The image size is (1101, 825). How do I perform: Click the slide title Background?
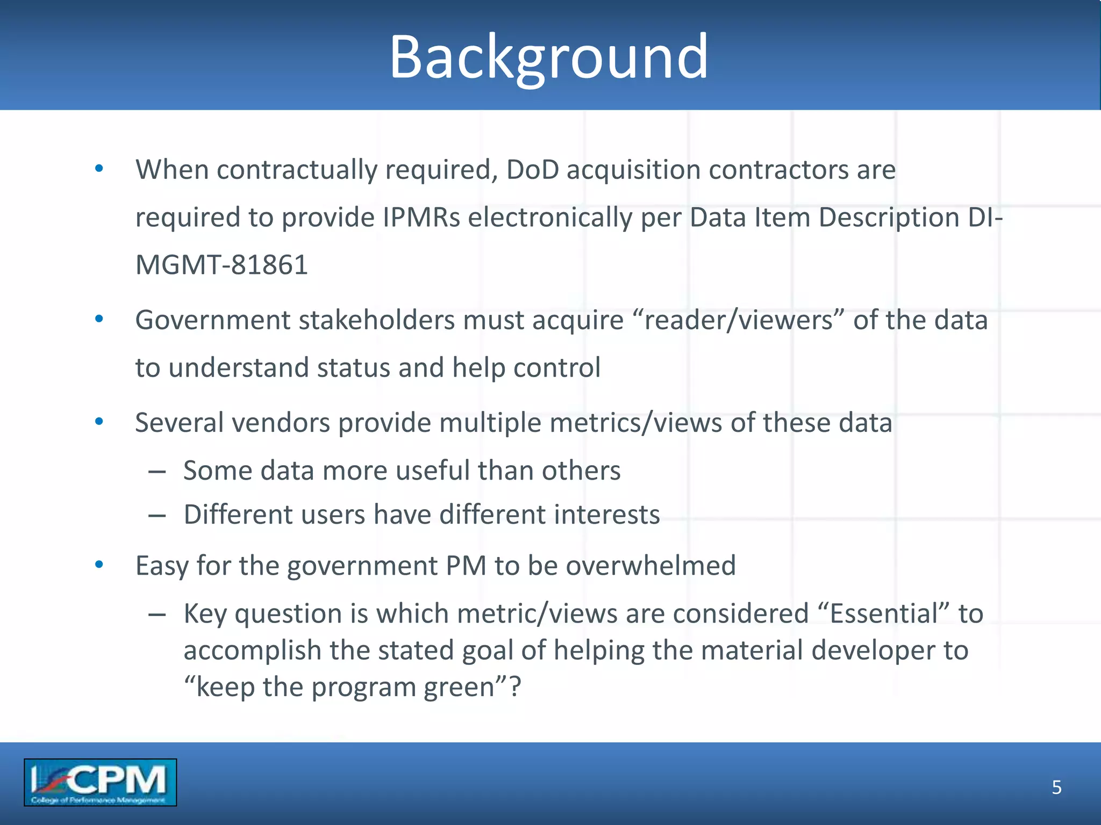[548, 57]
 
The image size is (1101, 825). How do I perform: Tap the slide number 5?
[1056, 787]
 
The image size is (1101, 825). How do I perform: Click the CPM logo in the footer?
[100, 782]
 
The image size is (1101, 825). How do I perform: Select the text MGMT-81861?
[221, 265]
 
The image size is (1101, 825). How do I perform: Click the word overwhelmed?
[650, 566]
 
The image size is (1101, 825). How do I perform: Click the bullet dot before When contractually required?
[99, 169]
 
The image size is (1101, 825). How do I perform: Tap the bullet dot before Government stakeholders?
[99, 320]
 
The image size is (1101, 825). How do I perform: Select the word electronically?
[550, 218]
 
